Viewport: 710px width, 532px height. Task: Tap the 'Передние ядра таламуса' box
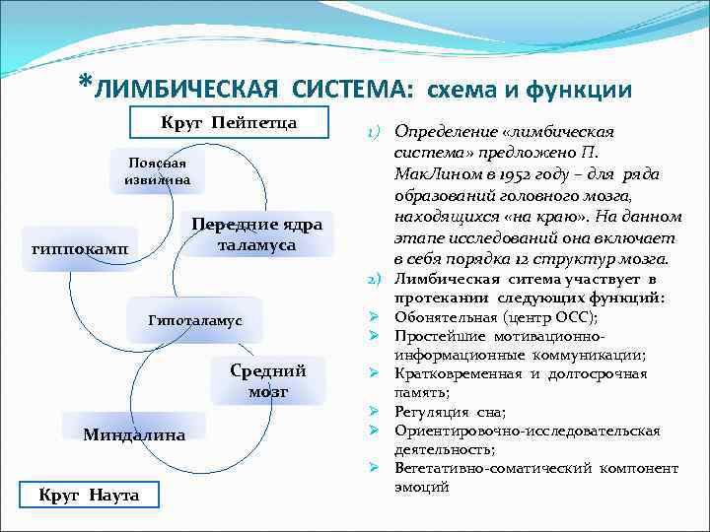pyautogui.click(x=258, y=234)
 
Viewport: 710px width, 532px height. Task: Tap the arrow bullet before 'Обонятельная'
pyautogui.click(x=376, y=317)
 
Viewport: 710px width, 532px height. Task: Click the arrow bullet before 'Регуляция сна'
pyautogui.click(x=376, y=410)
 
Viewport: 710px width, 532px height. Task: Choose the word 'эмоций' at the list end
pyautogui.click(x=421, y=487)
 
